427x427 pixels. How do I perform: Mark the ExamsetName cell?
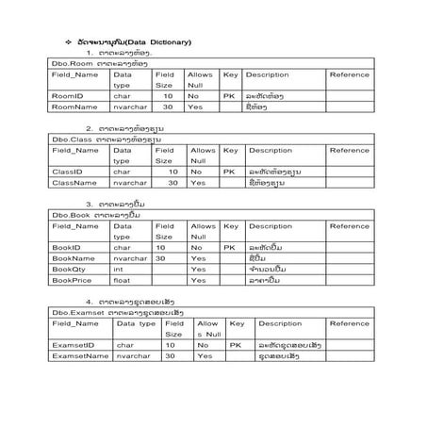[x=78, y=356]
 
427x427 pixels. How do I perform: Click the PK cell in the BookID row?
[x=228, y=247]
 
